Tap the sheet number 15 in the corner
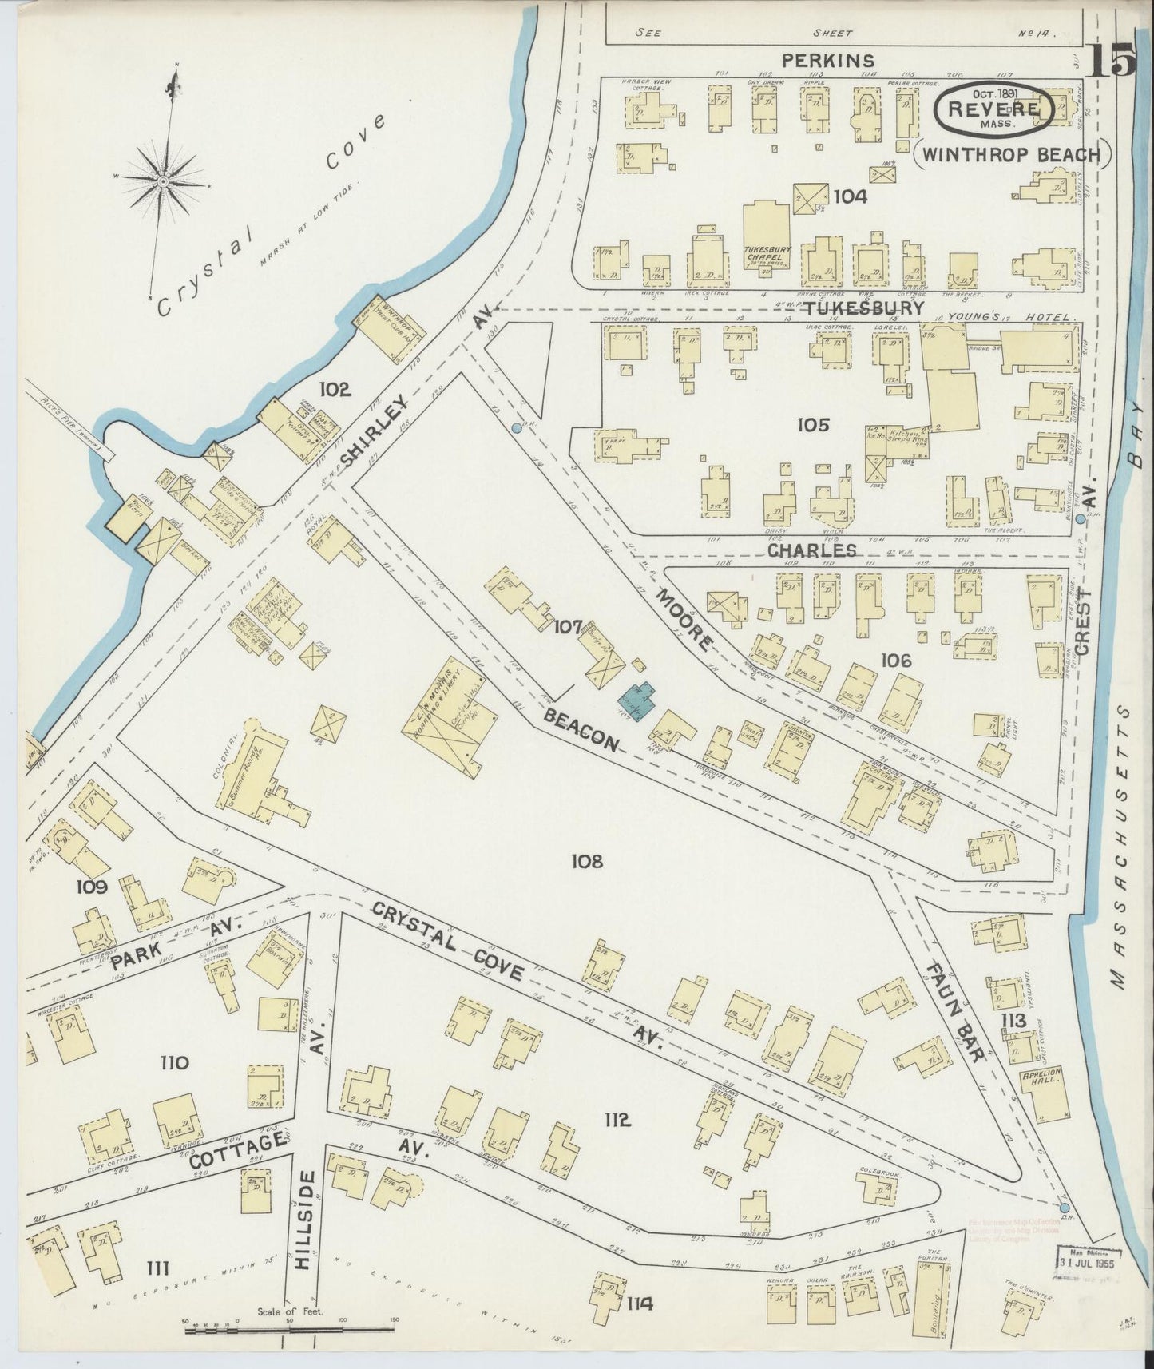tap(1112, 61)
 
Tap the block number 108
tap(586, 861)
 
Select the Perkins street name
tap(828, 60)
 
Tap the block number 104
tap(850, 195)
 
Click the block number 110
tap(173, 1063)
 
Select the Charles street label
tap(811, 550)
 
